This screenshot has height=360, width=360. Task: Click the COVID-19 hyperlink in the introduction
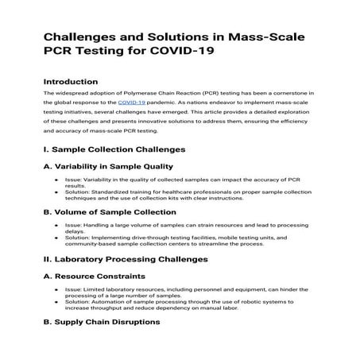tap(131, 103)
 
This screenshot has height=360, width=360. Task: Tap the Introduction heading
tap(71, 81)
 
